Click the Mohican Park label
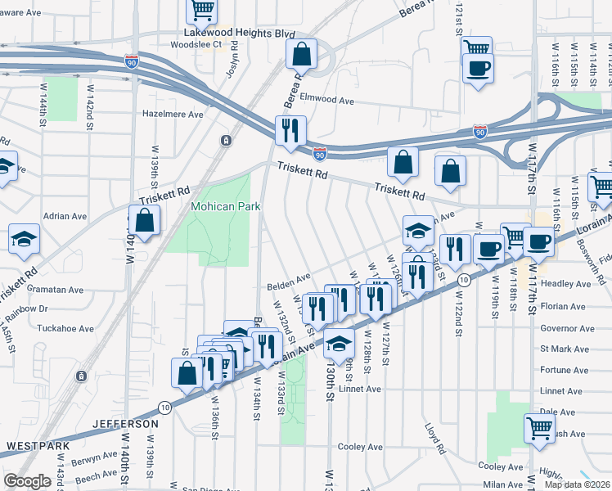[x=225, y=207]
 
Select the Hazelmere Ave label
[x=173, y=115]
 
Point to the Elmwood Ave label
[x=326, y=101]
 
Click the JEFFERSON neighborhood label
[x=125, y=424]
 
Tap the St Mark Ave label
[x=563, y=349]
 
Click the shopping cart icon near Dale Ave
[x=540, y=428]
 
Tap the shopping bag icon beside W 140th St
[x=144, y=220]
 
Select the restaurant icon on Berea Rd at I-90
[x=290, y=130]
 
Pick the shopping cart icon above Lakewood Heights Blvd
[x=201, y=10]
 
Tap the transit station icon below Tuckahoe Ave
[x=81, y=376]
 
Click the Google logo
[x=27, y=481]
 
